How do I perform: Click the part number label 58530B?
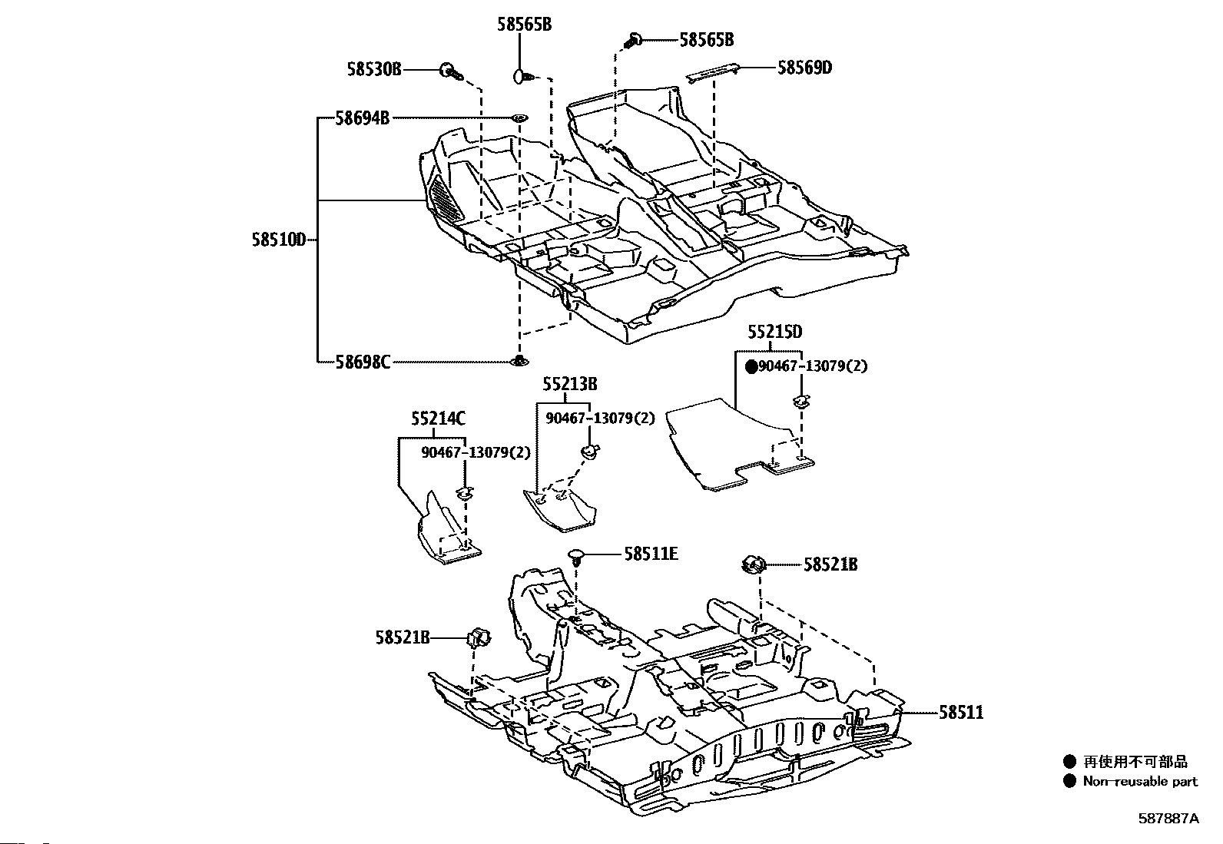tap(374, 69)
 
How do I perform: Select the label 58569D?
tap(805, 68)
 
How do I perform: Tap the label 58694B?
tap(362, 118)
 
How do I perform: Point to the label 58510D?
tap(278, 240)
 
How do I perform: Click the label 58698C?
tap(363, 362)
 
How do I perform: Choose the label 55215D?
tap(775, 331)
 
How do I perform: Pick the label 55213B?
tap(569, 384)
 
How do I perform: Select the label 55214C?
tap(438, 419)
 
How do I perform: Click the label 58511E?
tap(651, 554)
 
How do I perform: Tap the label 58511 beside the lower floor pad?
tap(961, 713)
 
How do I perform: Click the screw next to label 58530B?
tap(452, 71)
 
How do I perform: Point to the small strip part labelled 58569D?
tap(712, 73)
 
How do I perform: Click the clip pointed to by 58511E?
tap(577, 558)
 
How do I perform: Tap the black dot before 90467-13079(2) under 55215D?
tap(751, 367)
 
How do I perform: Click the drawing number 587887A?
tap(1168, 819)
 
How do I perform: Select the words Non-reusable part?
tap(1140, 781)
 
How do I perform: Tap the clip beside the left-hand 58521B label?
tap(479, 637)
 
